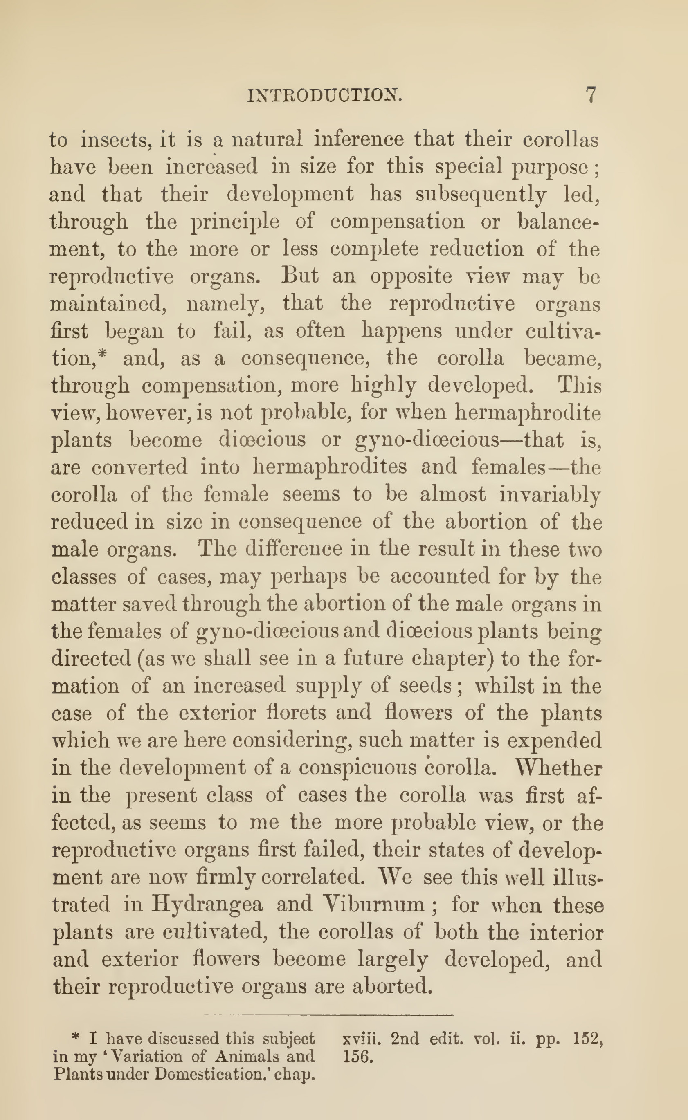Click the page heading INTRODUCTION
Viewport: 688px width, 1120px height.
click(324, 95)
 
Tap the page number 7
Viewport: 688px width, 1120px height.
click(590, 94)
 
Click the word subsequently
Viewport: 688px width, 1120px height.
click(481, 194)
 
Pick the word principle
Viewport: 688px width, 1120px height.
click(235, 222)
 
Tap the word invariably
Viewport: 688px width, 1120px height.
click(550, 495)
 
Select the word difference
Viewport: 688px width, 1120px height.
click(294, 549)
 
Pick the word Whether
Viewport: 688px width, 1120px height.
click(559, 768)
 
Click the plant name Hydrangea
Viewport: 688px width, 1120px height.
click(207, 905)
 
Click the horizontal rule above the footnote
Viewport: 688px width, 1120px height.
click(328, 1015)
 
